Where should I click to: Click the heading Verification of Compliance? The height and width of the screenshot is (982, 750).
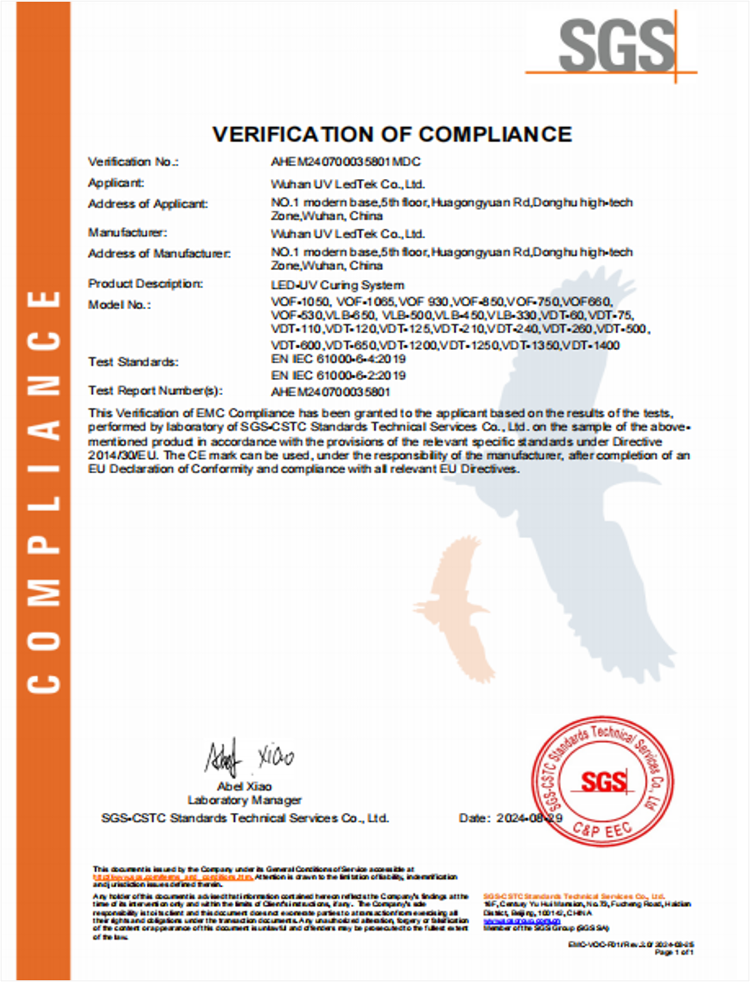click(x=392, y=134)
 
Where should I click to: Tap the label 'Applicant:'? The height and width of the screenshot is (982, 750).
click(x=116, y=182)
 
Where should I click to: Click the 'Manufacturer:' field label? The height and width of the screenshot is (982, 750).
click(x=127, y=232)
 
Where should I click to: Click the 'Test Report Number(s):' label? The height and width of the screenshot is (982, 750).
click(x=156, y=390)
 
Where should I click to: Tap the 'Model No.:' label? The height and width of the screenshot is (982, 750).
click(x=119, y=305)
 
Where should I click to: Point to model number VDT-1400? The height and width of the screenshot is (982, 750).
click(x=591, y=345)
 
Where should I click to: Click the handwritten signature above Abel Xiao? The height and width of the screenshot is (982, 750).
click(x=249, y=758)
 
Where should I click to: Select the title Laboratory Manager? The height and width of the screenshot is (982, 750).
click(x=244, y=800)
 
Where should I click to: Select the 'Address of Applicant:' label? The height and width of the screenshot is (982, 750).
click(x=148, y=203)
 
